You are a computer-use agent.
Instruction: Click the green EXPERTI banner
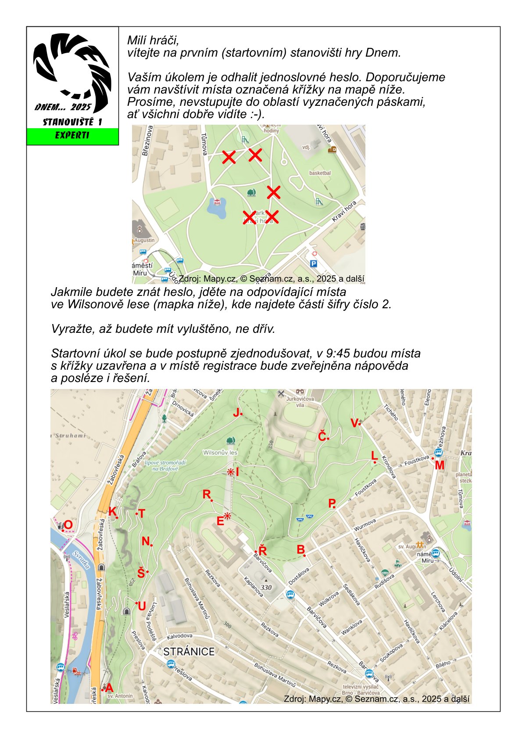pos(72,136)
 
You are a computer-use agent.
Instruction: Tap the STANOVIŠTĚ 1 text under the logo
pos(72,122)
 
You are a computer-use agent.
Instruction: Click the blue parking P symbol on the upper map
pos(313,263)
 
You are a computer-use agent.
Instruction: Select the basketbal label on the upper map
pos(320,173)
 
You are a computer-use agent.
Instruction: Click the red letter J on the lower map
pos(236,413)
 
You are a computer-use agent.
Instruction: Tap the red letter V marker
pos(354,423)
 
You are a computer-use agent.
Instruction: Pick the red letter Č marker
pos(322,437)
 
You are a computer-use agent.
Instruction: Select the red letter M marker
pos(440,465)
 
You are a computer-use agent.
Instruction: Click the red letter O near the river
pos(68,525)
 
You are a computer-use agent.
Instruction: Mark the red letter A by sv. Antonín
pos(109,688)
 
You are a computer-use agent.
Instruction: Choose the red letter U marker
pos(142,607)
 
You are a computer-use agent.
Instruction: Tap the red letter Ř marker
pos(263,551)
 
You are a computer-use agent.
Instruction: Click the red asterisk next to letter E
pos(227,517)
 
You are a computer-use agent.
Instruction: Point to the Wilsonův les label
pos(220,452)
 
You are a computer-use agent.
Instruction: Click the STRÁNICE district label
pos(189,652)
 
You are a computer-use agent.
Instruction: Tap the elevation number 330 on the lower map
pos(266,588)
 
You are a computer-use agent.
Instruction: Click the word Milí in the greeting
pos(138,41)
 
